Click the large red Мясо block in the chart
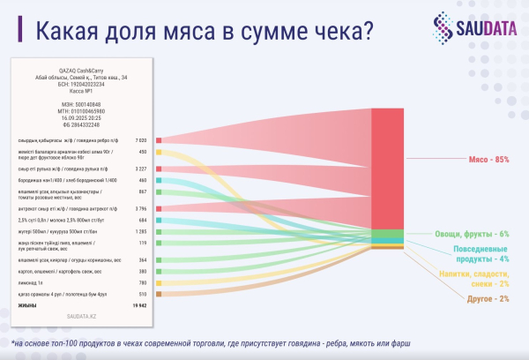[387, 168]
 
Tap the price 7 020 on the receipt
[139, 140]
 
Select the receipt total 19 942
[137, 305]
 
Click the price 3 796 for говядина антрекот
[139, 208]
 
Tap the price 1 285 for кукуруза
[139, 231]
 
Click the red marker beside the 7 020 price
[159, 140]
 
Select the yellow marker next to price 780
[159, 283]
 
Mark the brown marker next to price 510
[159, 294]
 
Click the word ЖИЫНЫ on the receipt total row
[27, 305]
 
